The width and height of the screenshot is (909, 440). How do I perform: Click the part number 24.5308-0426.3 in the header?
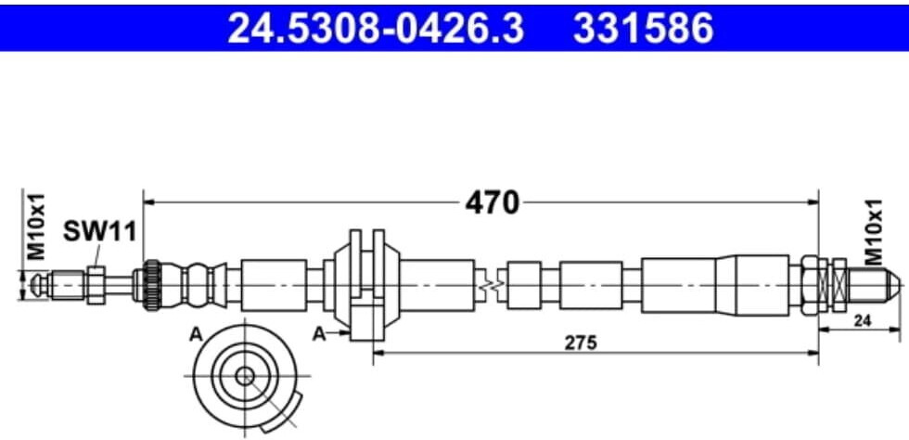[x=376, y=28]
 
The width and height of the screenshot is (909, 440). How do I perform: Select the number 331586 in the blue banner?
[x=645, y=28]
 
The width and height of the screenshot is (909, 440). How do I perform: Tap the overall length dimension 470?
[x=492, y=201]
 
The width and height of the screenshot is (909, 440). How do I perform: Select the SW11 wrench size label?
[x=98, y=231]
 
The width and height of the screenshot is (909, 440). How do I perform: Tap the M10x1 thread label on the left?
[x=35, y=226]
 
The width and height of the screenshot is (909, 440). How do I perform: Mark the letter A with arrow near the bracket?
[x=318, y=332]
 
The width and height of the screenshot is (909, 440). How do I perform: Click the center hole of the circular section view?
[x=244, y=375]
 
